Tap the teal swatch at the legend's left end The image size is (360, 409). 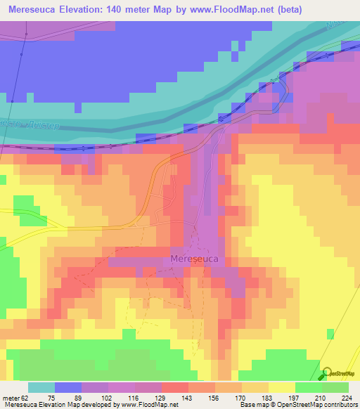tap(41, 388)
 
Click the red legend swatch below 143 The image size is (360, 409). tap(174, 388)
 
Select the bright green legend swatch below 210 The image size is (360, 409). tap(308, 388)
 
